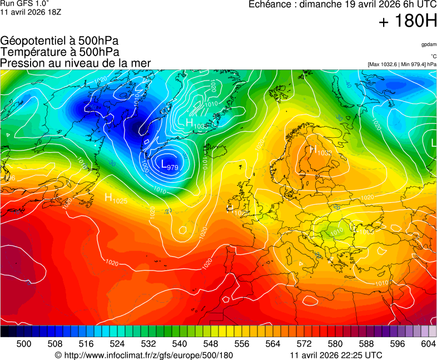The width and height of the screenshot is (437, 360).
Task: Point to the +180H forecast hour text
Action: coord(408,22)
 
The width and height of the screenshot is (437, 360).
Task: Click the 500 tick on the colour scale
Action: coord(24,344)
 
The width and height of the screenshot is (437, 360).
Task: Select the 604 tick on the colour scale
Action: coord(428,344)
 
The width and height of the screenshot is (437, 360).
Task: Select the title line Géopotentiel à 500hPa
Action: coord(59,41)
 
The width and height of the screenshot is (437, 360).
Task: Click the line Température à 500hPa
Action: coord(59,52)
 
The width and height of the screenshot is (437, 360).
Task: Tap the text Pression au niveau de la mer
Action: coord(76,63)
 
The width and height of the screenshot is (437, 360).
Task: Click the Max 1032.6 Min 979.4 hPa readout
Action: coord(402,64)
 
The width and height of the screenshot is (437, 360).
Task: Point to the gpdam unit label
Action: coord(429,44)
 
